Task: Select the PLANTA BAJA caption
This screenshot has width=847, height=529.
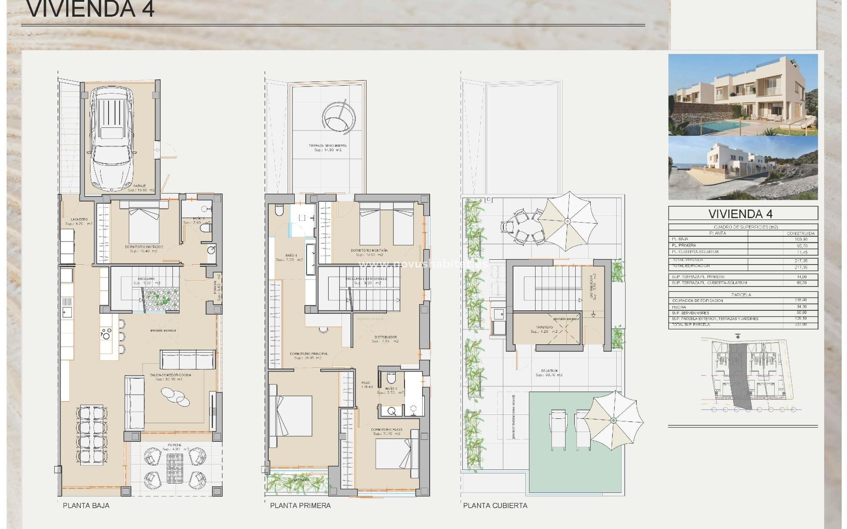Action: point(86,506)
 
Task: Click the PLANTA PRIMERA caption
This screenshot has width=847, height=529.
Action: point(300,506)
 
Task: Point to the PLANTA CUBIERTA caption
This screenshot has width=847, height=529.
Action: point(495,506)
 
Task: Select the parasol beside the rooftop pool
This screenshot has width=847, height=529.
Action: point(613,421)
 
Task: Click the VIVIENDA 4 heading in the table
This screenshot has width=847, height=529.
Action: point(743,214)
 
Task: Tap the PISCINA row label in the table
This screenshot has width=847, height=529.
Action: point(680,307)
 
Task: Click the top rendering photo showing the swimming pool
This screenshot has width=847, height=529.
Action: point(743,95)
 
